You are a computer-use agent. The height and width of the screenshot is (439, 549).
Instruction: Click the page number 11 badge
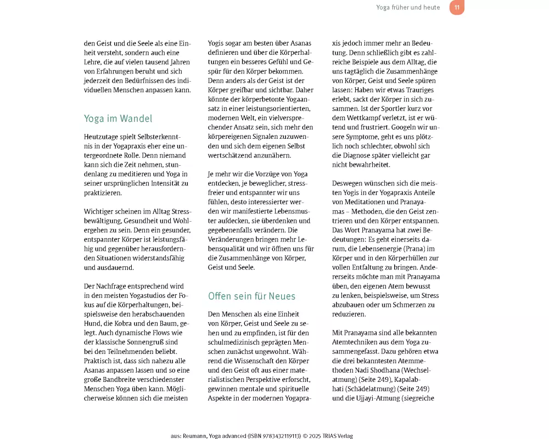(x=456, y=7)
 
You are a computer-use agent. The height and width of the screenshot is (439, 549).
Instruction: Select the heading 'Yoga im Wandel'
(x=118, y=119)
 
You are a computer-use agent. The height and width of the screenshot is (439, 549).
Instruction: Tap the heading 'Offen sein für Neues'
(x=251, y=296)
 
